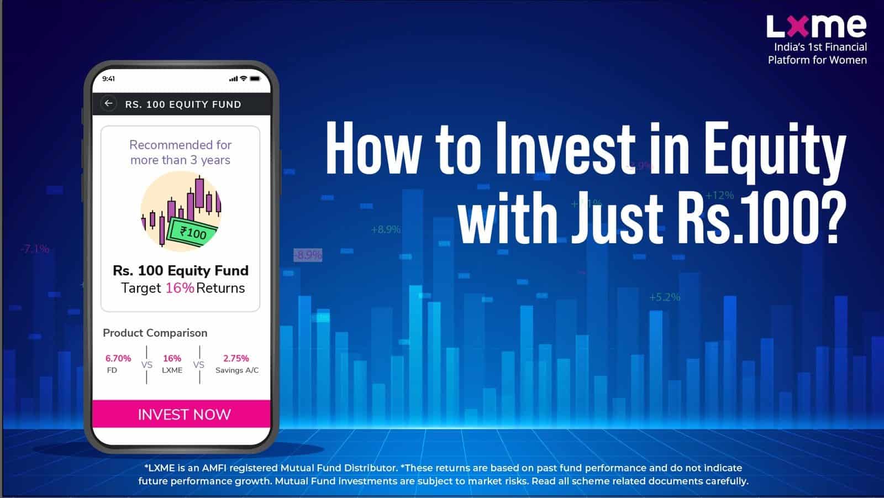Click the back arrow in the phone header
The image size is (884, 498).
point(108,103)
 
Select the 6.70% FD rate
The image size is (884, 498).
point(118,358)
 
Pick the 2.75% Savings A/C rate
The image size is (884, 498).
point(236,358)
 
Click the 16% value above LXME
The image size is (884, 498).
point(172,358)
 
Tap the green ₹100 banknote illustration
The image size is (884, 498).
point(192,233)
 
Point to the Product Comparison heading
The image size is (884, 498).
point(155,333)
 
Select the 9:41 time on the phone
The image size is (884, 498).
point(108,78)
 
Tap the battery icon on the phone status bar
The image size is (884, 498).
point(255,78)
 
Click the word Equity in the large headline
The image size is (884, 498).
point(775,151)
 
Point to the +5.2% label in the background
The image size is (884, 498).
point(665,297)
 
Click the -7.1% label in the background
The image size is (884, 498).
point(35,249)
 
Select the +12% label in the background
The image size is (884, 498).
point(719,195)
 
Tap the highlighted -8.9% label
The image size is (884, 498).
point(308,255)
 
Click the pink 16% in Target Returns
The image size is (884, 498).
point(180,288)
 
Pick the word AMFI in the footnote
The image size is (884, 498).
point(214,468)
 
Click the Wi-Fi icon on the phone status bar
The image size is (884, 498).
point(244,78)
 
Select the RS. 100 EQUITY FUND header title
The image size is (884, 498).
point(183,104)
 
